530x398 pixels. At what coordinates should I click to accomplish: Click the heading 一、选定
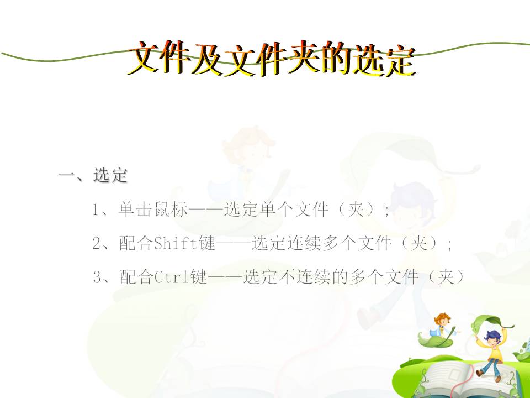pos(93,175)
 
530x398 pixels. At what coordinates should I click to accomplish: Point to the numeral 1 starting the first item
pos(96,210)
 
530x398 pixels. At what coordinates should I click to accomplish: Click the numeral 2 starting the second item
pos(97,243)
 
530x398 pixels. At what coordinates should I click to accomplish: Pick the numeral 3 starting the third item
pos(97,277)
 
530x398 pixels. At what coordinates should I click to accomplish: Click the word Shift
pos(176,243)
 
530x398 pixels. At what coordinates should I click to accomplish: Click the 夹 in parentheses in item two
pos(418,243)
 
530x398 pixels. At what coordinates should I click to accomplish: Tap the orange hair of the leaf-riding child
pos(442,318)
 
